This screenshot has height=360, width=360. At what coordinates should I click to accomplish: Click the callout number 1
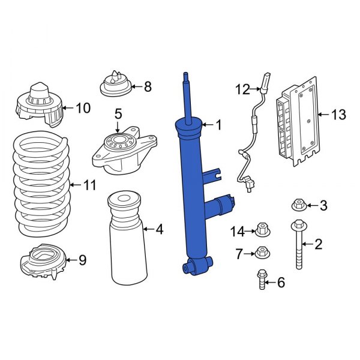tap(218, 125)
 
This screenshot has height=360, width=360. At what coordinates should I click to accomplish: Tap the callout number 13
tap(338, 115)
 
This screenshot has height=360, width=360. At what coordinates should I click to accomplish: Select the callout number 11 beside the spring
tap(89, 185)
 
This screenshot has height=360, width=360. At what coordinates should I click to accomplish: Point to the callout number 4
tap(158, 229)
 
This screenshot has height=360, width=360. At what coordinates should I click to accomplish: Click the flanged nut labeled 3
tap(298, 206)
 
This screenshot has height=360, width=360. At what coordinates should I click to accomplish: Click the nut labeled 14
tap(262, 229)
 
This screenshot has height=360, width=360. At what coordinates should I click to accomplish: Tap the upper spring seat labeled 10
tap(39, 105)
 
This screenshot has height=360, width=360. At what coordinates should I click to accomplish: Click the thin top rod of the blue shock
tap(188, 96)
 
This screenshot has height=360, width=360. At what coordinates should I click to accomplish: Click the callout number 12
tap(242, 90)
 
